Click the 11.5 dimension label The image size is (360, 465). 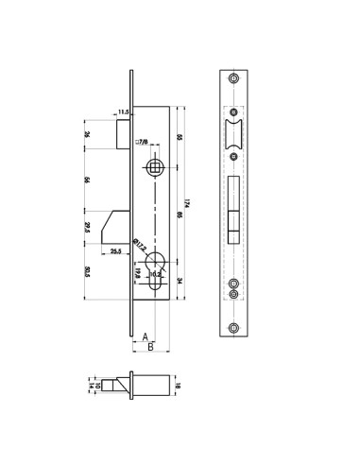[123, 112]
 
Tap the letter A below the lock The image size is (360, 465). [144, 336]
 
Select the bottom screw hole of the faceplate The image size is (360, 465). [233, 327]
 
